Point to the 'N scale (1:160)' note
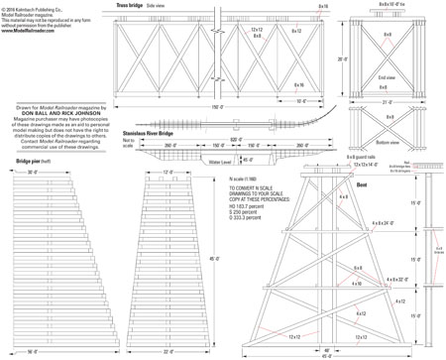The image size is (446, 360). click(x=231, y=179)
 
